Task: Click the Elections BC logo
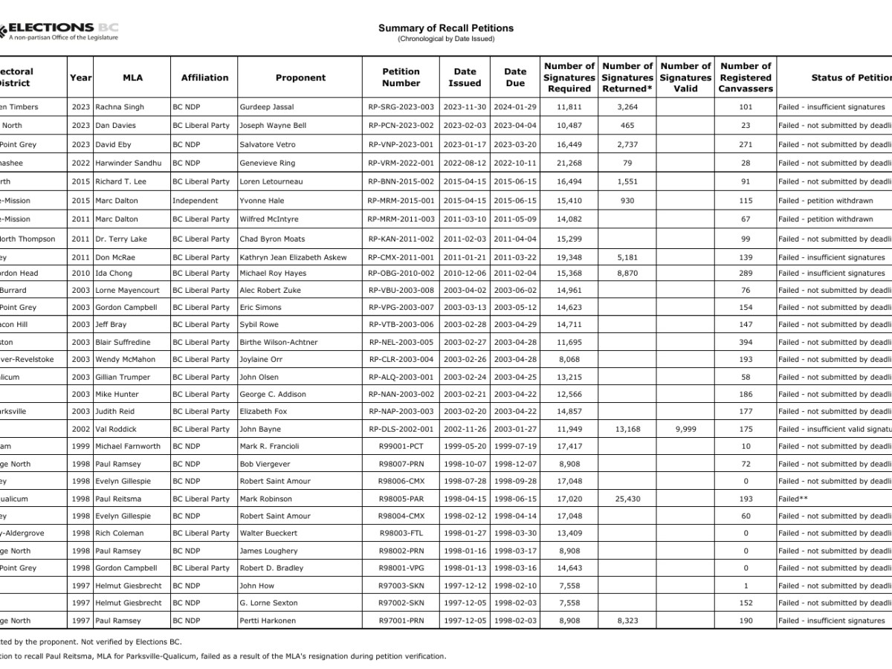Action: tap(59, 31)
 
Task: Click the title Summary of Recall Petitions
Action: tap(445, 28)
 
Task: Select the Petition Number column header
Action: tap(401, 77)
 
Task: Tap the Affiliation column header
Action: tap(204, 77)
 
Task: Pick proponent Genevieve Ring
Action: tap(267, 163)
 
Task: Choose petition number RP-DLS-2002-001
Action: tap(401, 429)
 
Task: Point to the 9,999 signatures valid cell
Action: tap(685, 429)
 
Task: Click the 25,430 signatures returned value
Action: tap(627, 499)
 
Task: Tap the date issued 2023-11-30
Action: tap(465, 107)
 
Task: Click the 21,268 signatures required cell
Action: tap(569, 163)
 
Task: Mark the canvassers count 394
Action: tap(746, 342)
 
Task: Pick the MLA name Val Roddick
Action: tap(116, 429)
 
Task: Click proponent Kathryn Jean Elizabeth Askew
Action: tap(293, 257)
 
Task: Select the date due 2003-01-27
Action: tap(514, 429)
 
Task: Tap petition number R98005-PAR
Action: tap(401, 499)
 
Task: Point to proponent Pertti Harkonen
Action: tap(268, 621)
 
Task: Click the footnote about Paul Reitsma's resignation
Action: tap(223, 656)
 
